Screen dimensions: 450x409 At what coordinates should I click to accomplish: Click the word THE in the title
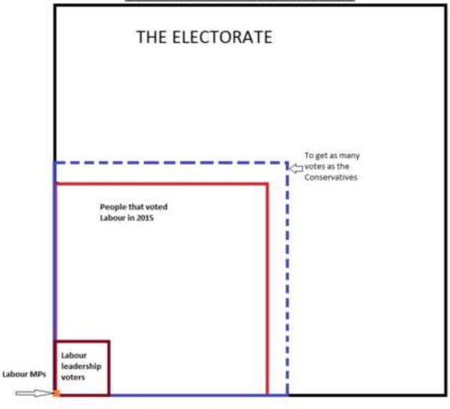click(x=151, y=37)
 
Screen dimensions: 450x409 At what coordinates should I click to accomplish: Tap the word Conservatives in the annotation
click(x=331, y=178)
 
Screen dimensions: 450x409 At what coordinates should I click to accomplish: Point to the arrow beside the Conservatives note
click(x=295, y=169)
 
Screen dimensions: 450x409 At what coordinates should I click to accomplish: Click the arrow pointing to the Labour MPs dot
click(x=34, y=393)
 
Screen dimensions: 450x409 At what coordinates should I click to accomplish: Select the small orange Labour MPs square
click(x=56, y=393)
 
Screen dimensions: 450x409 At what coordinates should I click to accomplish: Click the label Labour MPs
click(x=24, y=375)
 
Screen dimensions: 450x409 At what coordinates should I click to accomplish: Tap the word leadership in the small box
click(x=81, y=366)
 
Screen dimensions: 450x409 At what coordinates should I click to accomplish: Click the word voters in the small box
click(x=73, y=378)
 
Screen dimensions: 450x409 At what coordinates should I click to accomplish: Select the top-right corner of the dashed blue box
click(x=287, y=163)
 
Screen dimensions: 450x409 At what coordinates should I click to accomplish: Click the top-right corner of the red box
click(x=267, y=184)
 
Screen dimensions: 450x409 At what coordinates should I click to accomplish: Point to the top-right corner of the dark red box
click(x=109, y=342)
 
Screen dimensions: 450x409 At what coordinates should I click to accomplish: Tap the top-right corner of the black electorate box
click(x=445, y=6)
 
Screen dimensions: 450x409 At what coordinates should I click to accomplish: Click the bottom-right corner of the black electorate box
click(x=445, y=396)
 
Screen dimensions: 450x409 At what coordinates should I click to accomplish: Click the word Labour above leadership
click(x=73, y=356)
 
